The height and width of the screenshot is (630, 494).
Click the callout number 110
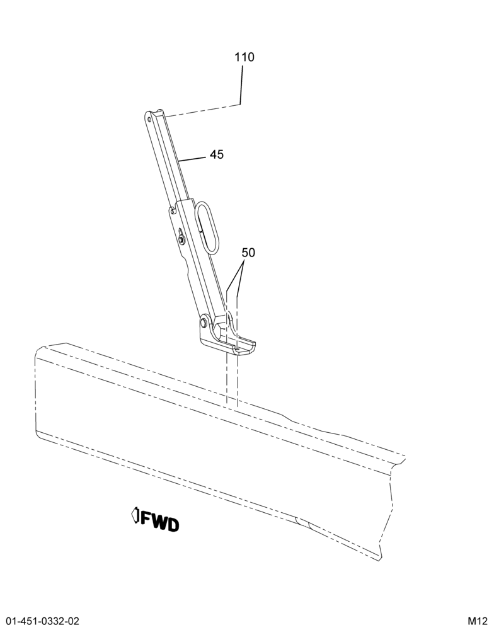pos(244,57)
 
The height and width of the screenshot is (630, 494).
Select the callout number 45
pos(217,154)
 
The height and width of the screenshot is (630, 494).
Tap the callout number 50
pos(248,253)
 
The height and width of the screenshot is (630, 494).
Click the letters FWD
pos(159,522)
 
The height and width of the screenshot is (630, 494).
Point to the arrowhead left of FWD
pos(135,515)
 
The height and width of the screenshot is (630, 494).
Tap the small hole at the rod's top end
pos(149,118)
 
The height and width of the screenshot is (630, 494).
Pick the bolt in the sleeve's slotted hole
pos(181,240)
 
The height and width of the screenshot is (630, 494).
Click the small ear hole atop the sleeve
pos(172,209)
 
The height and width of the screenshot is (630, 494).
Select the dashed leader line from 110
pos(204,110)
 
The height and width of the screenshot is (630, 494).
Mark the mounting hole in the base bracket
pos(237,350)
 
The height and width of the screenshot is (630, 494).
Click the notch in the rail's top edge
pos(289,419)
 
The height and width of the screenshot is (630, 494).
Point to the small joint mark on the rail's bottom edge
pos(302,522)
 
